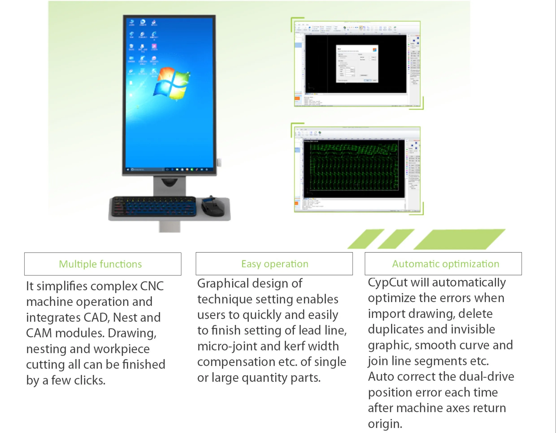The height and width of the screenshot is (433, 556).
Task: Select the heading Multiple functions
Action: [x=100, y=264]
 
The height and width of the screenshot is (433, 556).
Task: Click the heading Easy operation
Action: [x=275, y=264]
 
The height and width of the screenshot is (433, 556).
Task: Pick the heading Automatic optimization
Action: [x=445, y=264]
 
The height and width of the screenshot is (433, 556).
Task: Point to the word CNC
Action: [x=152, y=286]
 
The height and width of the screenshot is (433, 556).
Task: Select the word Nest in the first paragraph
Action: [x=125, y=318]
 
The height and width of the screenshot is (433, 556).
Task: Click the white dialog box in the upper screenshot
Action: [x=357, y=64]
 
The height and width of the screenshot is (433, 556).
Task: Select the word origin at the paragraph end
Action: [x=384, y=424]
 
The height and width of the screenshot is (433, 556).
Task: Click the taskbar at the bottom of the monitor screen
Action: [x=169, y=169]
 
